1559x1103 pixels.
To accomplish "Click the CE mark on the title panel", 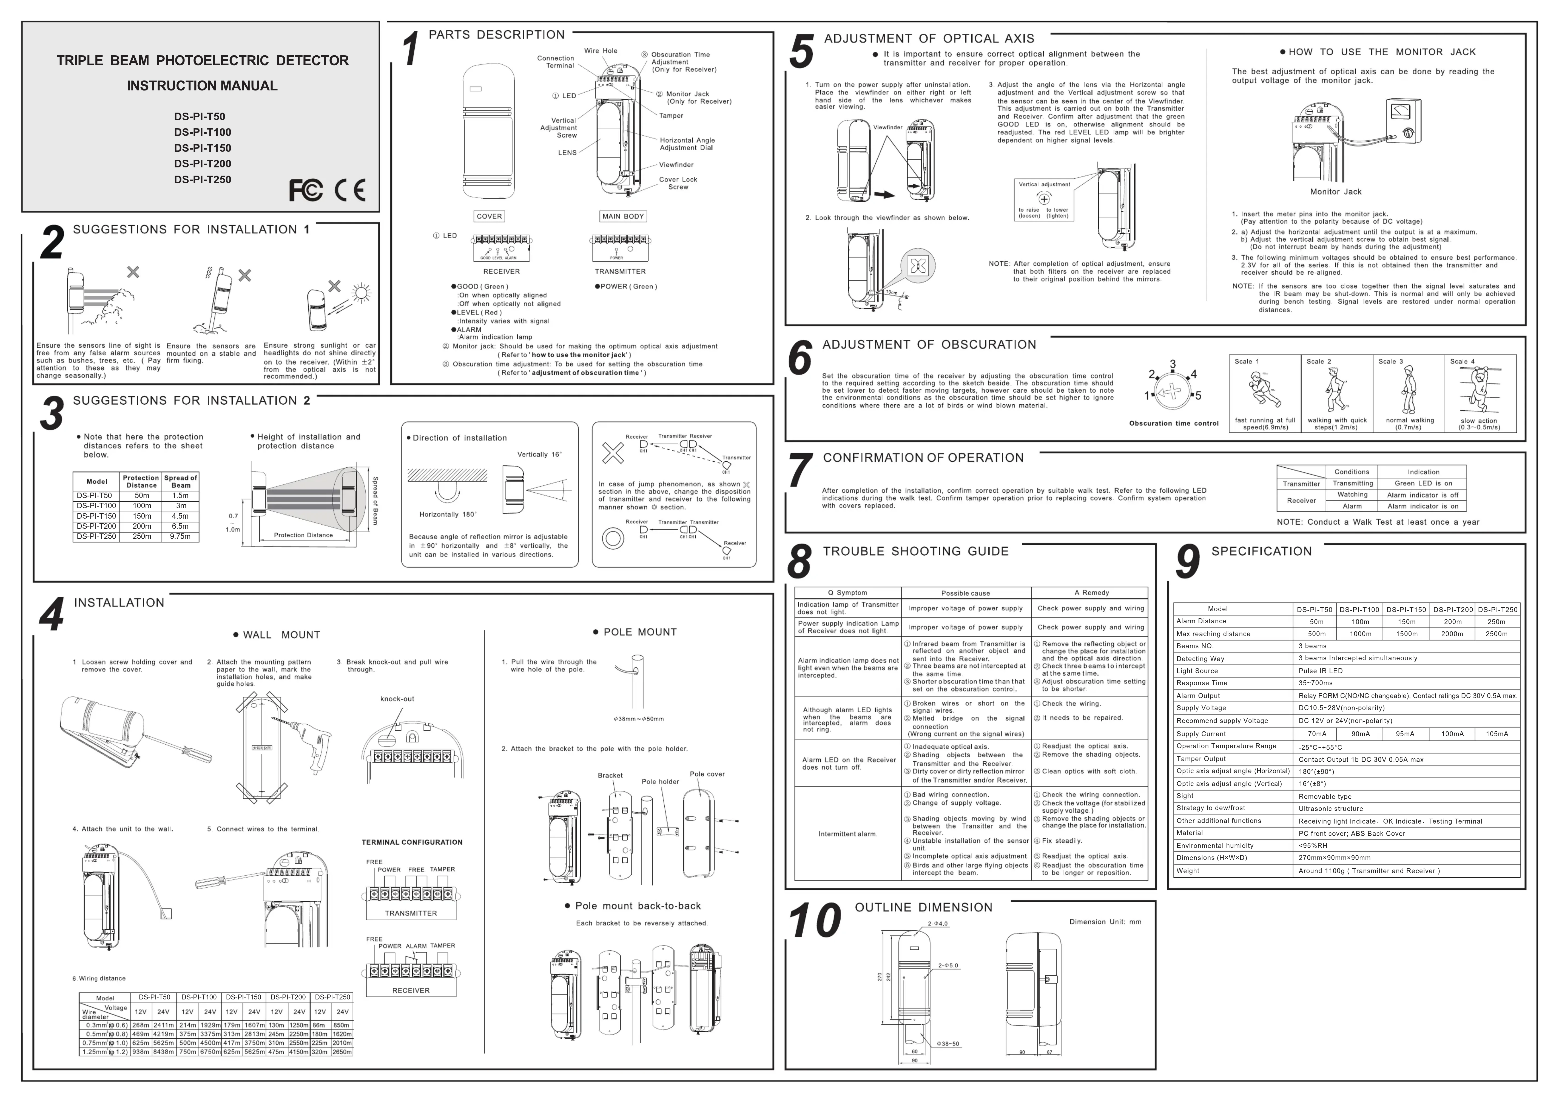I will (350, 190).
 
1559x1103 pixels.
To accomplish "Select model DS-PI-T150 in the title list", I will (203, 148).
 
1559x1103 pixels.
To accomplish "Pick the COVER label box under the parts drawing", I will (489, 217).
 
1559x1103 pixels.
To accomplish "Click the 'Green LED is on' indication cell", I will (1423, 484).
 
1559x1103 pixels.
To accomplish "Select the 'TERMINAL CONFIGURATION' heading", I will (412, 842).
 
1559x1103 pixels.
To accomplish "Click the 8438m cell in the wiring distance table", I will (163, 1052).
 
